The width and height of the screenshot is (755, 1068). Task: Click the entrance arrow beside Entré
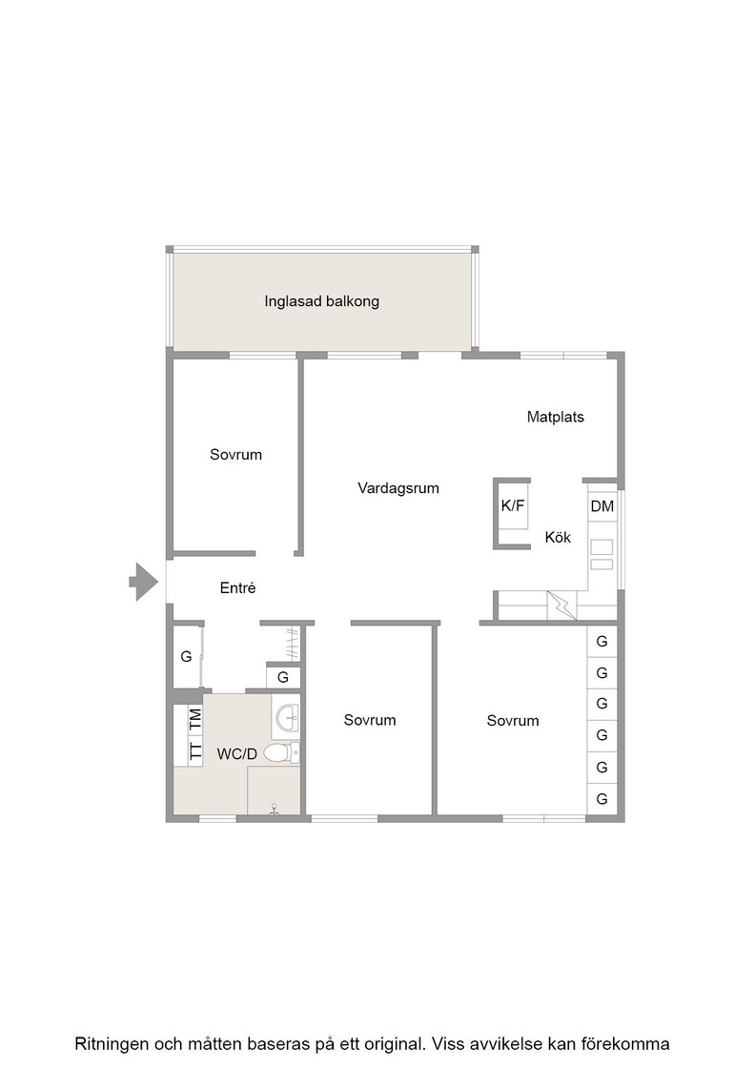[144, 582]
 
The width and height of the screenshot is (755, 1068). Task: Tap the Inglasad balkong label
[321, 301]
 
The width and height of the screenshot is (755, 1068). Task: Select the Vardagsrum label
[398, 487]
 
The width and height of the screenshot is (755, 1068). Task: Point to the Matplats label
[556, 417]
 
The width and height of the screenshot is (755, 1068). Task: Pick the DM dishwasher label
[602, 506]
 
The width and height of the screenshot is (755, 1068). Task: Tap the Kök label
[558, 538]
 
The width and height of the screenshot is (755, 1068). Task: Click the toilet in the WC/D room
[281, 752]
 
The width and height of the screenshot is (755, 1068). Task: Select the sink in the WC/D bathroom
[286, 717]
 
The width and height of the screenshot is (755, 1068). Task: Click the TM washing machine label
[195, 720]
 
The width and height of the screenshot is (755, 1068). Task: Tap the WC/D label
[237, 754]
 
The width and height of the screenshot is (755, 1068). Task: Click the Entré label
[237, 587]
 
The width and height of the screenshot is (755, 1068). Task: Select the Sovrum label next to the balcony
[235, 454]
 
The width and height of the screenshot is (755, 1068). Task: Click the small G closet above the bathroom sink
[283, 677]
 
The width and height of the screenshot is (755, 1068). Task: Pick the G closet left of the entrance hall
[187, 657]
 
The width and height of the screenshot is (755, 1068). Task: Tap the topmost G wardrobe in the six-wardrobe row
[602, 641]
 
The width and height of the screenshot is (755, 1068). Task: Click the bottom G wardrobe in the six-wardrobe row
[602, 799]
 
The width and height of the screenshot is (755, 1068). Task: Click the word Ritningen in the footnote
[112, 1043]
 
